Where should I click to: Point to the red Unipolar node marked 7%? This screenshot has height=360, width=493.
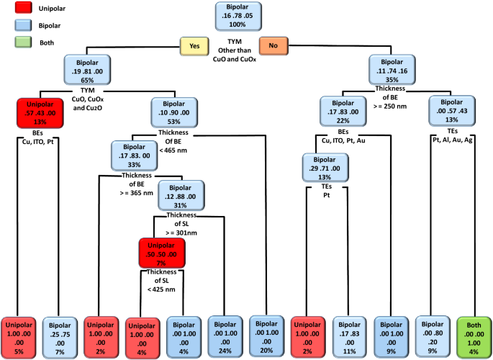click(x=163, y=253)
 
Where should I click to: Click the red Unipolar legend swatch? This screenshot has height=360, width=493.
click(x=17, y=9)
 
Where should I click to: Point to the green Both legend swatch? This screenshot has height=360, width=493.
click(x=17, y=42)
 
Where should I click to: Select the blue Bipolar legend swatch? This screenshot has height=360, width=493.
click(x=17, y=25)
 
